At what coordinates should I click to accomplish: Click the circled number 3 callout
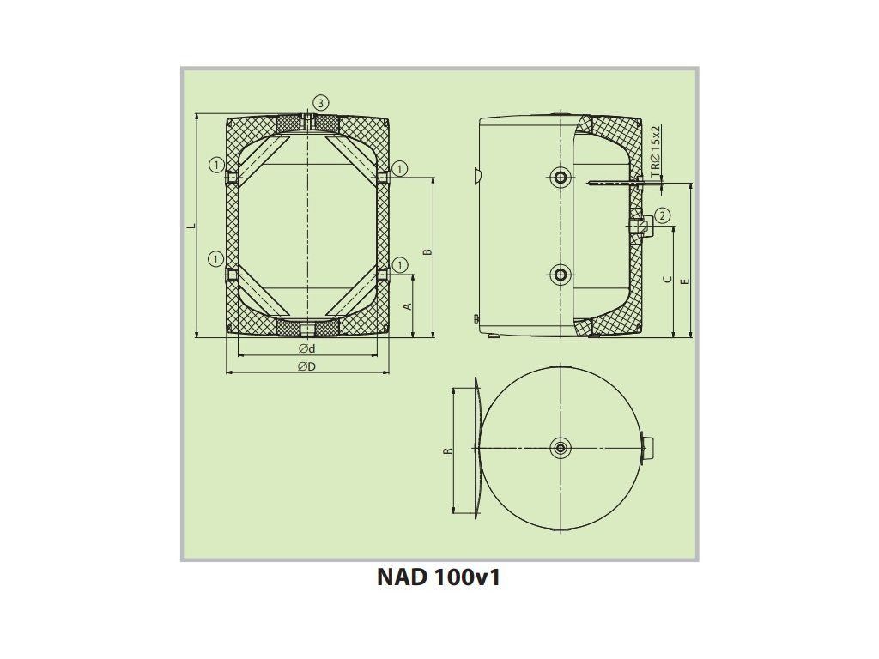coord(320,103)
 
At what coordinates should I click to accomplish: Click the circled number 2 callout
coord(662,215)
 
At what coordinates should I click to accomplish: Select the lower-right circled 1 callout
coord(399,264)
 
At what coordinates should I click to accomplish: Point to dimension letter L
coord(191,227)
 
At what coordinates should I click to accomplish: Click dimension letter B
coord(427,251)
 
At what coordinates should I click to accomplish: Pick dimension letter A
coord(408,306)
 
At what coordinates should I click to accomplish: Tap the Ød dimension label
coord(307,348)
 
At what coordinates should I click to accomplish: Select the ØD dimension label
coord(307,366)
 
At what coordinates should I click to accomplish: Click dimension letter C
coord(667,279)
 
